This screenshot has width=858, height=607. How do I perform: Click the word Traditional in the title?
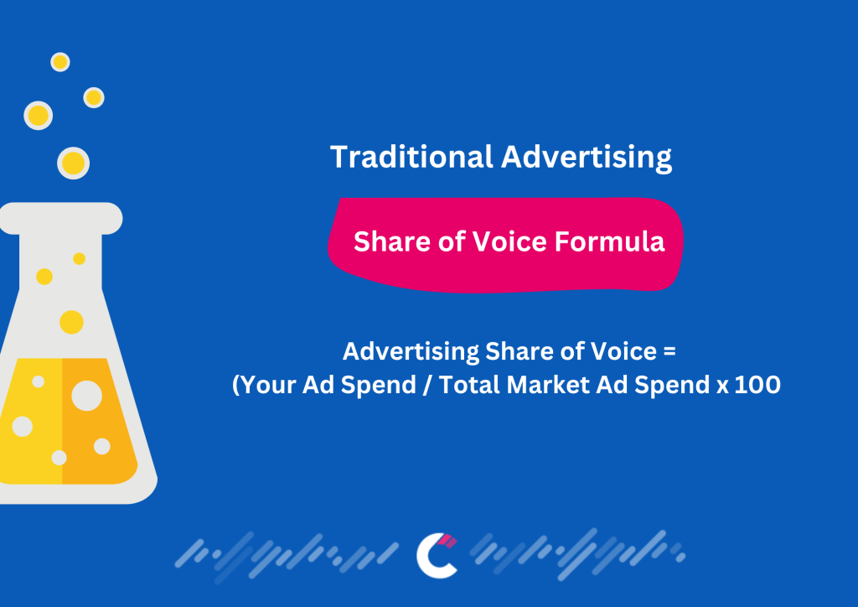[x=411, y=157]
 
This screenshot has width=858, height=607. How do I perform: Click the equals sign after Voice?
[x=668, y=350]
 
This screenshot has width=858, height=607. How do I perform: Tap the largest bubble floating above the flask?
[x=73, y=163]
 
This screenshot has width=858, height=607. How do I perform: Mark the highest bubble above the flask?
[x=59, y=62]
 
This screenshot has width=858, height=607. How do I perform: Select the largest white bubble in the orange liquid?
[x=86, y=395]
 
